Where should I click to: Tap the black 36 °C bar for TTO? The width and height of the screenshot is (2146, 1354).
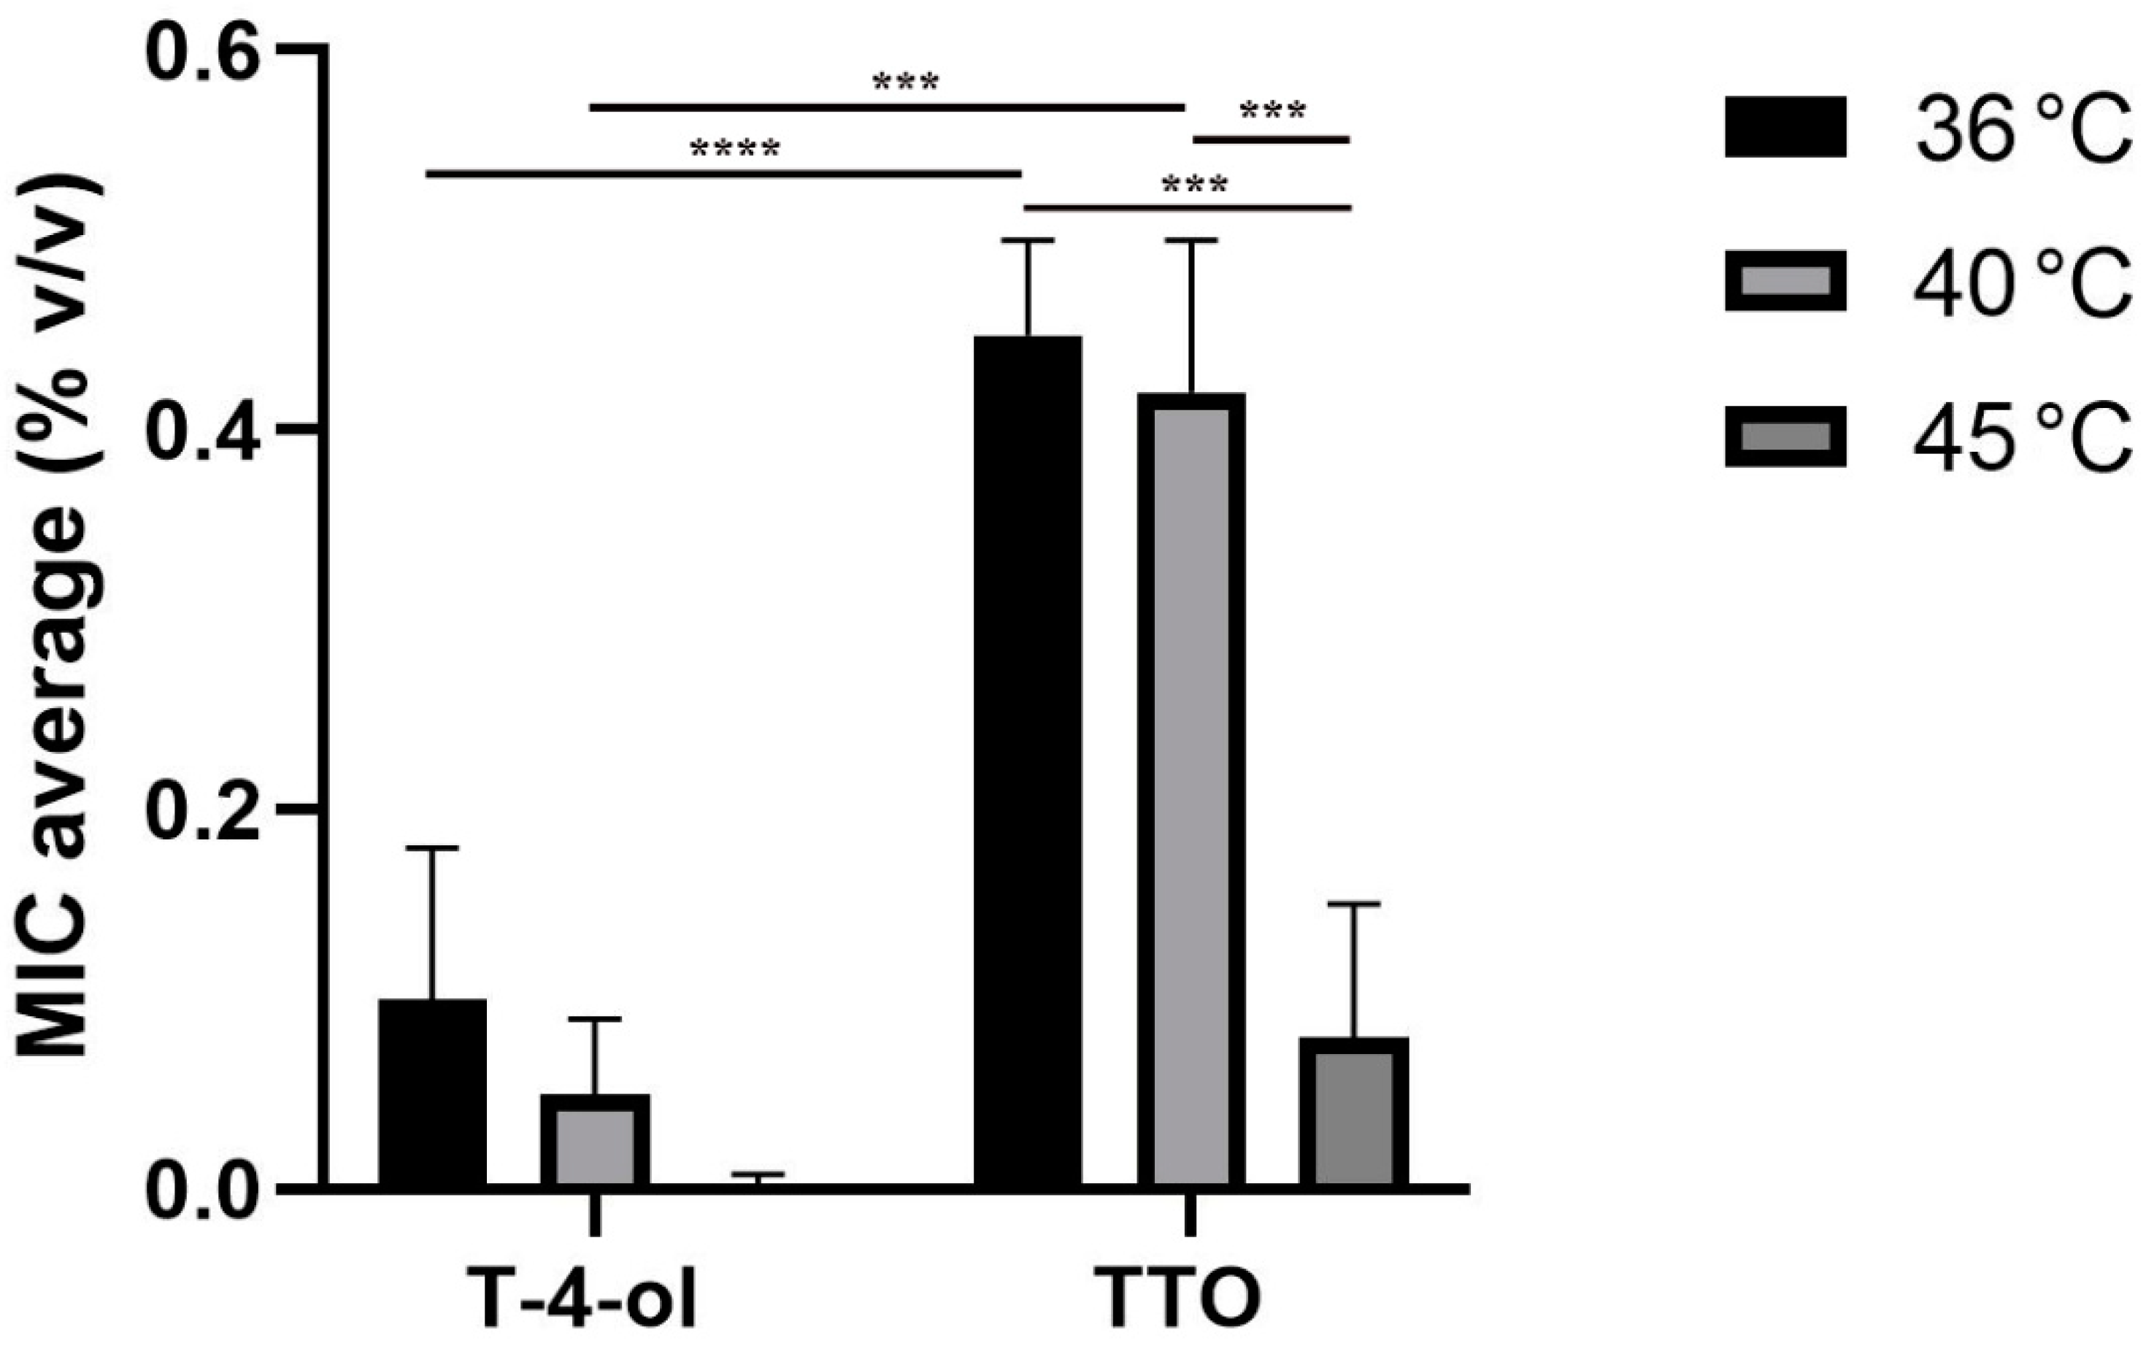[1028, 761]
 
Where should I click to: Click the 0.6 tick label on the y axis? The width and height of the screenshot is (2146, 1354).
[202, 52]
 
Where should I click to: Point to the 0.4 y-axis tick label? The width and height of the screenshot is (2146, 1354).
[202, 431]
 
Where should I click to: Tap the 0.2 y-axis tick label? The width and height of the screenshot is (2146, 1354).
[202, 809]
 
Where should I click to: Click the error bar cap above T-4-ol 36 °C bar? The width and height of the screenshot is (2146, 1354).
[432, 847]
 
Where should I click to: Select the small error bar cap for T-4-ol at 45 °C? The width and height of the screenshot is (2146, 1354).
[758, 1174]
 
